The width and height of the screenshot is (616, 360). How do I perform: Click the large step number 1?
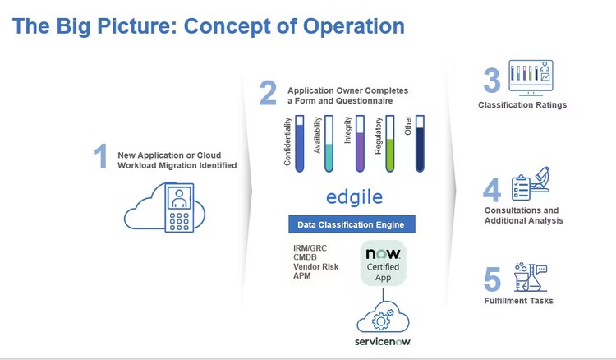101,156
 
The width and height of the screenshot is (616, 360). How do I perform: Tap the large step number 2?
268,93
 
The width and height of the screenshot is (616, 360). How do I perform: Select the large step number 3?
492,81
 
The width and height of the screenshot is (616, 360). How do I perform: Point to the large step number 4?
492,189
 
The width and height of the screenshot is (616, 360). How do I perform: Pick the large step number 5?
492,279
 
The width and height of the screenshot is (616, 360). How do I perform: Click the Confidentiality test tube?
299,144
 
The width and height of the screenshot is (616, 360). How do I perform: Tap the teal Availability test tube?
329,144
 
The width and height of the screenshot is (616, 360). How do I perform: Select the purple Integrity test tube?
360,144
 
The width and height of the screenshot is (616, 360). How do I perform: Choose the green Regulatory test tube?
389,144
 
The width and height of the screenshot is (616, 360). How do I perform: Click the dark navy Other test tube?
420,144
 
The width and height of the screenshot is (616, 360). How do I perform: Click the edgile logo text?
354,197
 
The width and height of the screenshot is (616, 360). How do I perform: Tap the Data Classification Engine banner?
352,224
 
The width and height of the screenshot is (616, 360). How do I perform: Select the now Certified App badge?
383,263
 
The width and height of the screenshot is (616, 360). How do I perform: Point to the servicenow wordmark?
383,342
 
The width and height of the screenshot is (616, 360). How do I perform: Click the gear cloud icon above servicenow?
383,318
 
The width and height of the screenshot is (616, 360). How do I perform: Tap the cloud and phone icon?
165,207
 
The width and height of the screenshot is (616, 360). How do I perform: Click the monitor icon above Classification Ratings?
531,77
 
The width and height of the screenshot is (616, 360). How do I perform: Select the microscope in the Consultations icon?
540,179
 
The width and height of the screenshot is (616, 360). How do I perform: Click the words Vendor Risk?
315,266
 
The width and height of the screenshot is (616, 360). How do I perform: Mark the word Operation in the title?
353,26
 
